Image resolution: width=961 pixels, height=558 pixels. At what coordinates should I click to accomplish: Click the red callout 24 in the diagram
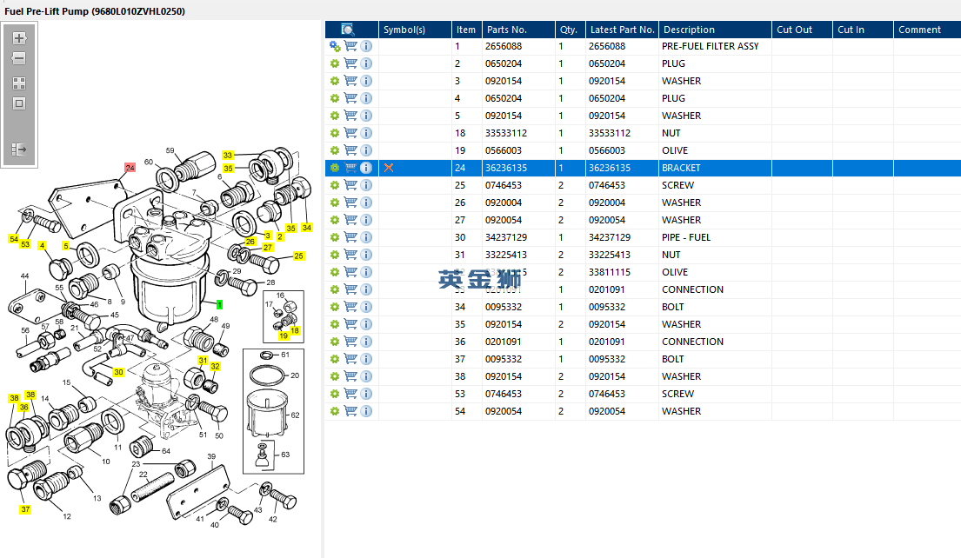point(130,167)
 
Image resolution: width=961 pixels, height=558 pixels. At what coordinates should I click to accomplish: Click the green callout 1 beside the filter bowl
point(220,304)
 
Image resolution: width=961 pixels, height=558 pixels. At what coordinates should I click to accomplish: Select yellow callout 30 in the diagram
point(119,372)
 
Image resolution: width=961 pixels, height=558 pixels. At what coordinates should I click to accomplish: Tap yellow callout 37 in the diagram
point(25,509)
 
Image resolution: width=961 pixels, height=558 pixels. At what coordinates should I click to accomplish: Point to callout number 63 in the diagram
point(284,455)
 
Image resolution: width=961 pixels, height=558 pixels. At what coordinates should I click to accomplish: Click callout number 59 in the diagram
point(170,150)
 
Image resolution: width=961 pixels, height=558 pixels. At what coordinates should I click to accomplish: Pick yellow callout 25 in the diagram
point(298,256)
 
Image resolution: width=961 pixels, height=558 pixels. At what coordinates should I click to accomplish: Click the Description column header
point(688,30)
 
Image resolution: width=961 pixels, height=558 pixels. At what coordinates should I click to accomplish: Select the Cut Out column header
point(794,30)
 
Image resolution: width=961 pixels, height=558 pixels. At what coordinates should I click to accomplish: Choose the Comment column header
point(919,30)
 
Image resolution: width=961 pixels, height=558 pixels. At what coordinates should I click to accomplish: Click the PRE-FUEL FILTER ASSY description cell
point(710,46)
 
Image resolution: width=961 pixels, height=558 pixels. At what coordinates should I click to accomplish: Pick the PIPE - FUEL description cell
point(685,237)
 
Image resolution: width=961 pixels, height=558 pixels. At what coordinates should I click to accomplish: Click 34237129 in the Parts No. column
point(505,237)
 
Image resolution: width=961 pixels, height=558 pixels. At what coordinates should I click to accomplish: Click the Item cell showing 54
point(460,411)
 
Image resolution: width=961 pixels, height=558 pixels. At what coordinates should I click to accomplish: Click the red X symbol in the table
point(389,168)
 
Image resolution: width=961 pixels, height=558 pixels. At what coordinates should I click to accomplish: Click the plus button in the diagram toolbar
point(19,38)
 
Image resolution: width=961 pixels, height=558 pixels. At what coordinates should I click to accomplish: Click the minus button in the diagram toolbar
point(19,59)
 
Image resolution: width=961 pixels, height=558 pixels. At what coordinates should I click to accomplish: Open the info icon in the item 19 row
point(366,150)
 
